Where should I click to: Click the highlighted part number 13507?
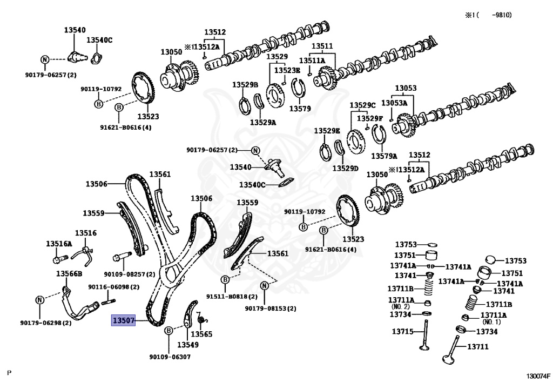coord(123,321)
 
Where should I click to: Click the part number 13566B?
coord(69,273)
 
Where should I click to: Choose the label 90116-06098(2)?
coord(113,287)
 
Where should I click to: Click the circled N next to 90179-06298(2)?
coord(39,300)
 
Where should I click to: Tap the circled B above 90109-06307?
coord(168,330)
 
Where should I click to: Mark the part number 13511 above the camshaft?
coord(322,46)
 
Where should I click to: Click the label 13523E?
coord(287,70)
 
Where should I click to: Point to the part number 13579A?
coord(383,156)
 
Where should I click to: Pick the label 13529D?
coord(345,169)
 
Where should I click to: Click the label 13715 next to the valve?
coord(403,331)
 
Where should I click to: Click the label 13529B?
coord(245,85)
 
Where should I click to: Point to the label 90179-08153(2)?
coord(270,309)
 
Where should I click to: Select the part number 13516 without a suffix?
coord(85,233)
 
